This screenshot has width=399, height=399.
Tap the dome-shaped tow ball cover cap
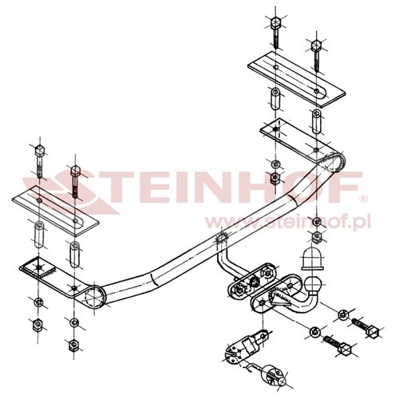click(x=312, y=259)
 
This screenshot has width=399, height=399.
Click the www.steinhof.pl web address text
click(x=287, y=222)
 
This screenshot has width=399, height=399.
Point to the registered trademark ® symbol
click(x=363, y=199)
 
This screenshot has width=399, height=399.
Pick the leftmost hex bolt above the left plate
click(x=40, y=161)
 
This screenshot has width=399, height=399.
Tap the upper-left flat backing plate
click(x=55, y=210)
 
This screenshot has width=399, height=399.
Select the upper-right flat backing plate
click(x=297, y=79)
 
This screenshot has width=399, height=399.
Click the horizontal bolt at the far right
click(x=366, y=327)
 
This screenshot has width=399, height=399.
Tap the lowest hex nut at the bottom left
click(x=73, y=345)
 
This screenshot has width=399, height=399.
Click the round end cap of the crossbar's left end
click(x=93, y=297)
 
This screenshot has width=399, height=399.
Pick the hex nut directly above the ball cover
click(x=317, y=236)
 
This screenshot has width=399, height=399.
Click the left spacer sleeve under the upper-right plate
click(x=275, y=98)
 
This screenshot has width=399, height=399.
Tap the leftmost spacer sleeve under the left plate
click(x=39, y=235)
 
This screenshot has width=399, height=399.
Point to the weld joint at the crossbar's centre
click(x=220, y=237)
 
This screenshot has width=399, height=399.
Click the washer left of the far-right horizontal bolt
click(x=343, y=315)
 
